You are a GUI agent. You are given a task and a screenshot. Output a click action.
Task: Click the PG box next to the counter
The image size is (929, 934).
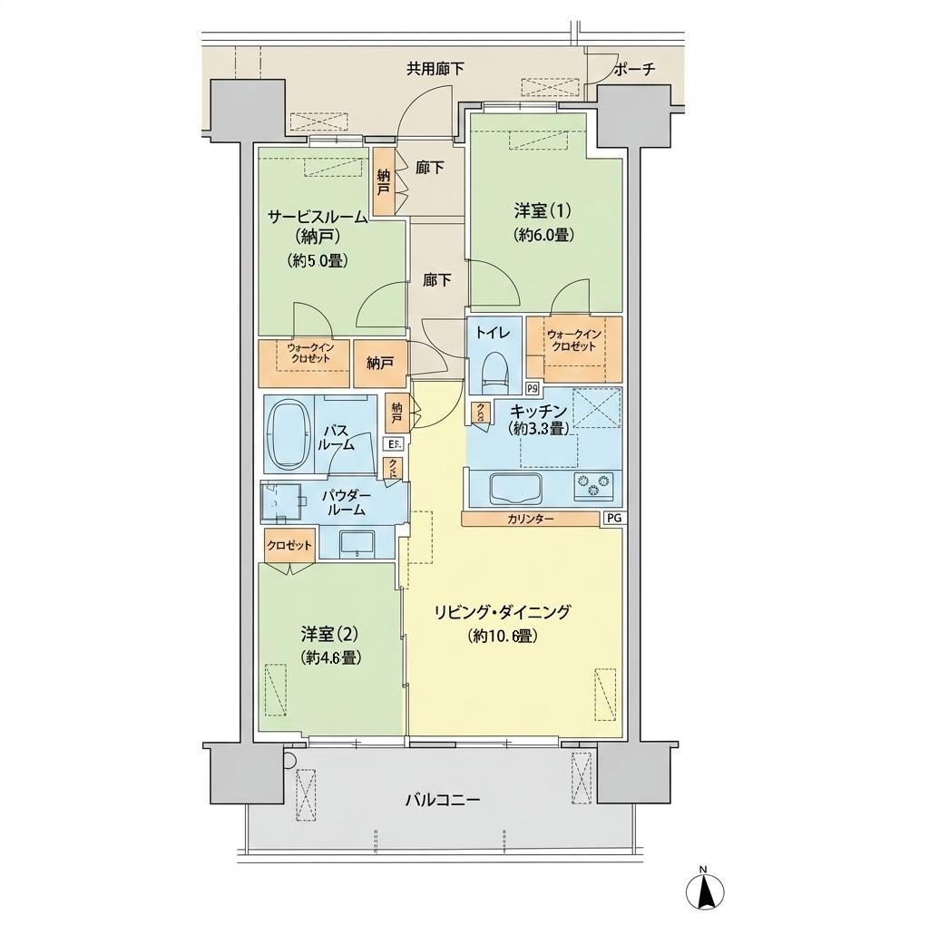point(614,518)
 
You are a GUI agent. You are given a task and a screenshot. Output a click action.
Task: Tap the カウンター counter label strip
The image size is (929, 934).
point(531,519)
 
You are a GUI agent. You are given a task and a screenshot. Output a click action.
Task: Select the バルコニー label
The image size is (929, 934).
point(442,800)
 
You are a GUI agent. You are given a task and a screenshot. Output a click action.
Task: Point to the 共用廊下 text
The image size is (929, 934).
point(435,69)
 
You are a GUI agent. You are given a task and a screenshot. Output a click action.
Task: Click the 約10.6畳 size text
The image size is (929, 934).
point(503,637)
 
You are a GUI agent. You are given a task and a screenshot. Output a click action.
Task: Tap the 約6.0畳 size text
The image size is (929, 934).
point(543,235)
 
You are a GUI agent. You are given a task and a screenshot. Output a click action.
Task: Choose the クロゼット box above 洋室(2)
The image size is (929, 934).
point(288,545)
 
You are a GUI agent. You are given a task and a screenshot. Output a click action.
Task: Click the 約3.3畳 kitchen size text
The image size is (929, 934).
point(537,428)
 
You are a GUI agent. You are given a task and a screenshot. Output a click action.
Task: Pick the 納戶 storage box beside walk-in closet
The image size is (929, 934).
point(379,364)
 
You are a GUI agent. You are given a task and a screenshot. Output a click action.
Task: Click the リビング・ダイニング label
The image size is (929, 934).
point(503,612)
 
